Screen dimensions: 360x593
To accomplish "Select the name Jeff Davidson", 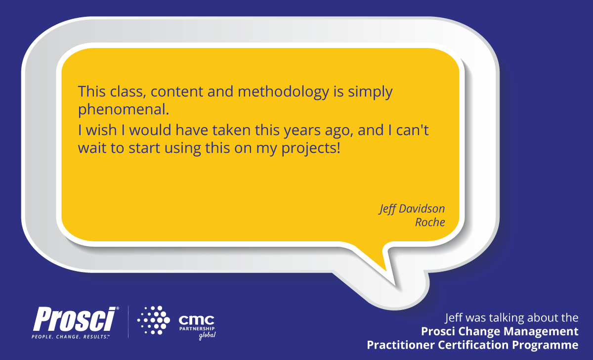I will (412, 209).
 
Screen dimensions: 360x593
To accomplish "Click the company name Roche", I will (430, 223).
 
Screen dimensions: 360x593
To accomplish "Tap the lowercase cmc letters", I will (196, 319).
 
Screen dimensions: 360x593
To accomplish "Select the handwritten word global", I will (208, 337).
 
